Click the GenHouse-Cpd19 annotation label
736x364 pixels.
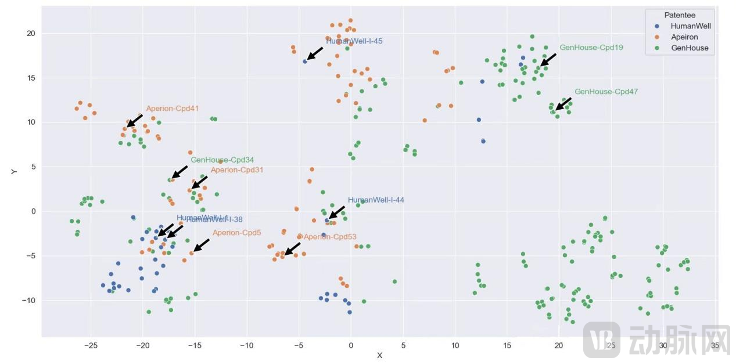583,48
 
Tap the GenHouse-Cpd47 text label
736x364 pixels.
598,92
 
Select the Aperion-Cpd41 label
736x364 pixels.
172,109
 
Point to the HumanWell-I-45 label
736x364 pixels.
354,41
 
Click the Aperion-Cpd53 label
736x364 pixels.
330,237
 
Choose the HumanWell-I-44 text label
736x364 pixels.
376,200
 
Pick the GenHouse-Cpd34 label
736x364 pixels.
222,160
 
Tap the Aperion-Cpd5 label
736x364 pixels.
236,233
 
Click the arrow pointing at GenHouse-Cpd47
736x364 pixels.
563,104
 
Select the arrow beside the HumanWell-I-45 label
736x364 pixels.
314,53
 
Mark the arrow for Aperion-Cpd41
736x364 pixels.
135,120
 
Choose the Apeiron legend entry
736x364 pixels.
684,37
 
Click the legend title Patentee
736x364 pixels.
680,15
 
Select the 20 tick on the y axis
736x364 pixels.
30,34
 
